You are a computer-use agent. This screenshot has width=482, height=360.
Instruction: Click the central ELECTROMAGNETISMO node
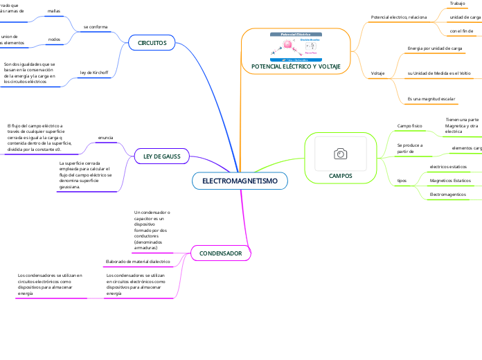pos(240,181)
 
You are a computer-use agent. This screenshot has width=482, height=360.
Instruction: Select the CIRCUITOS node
pos(152,43)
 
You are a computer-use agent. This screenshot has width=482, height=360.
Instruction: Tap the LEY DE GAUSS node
pos(161,156)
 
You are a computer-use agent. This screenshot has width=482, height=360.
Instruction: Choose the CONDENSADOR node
pos(220,254)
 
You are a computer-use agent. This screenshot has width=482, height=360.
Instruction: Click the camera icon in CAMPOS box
pos(340,153)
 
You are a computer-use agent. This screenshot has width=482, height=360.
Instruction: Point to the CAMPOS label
pos(340,176)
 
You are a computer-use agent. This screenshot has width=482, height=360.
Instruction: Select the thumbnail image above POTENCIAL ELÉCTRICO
pos(296,46)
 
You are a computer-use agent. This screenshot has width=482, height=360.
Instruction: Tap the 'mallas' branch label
pos(53,12)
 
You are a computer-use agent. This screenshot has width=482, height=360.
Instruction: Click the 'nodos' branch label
pos(53,39)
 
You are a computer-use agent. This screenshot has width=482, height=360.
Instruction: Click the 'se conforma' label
pos(96,26)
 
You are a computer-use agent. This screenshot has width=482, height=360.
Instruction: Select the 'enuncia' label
pos(106,138)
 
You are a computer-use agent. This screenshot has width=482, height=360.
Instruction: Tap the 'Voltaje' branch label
pos(378,73)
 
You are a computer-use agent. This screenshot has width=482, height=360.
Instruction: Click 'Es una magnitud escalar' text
pos(431,99)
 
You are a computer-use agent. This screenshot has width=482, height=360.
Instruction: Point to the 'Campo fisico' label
pos(409,126)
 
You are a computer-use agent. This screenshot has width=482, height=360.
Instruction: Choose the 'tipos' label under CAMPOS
pos(402,180)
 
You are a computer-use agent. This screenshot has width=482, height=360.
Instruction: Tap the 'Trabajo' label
pos(457,3)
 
